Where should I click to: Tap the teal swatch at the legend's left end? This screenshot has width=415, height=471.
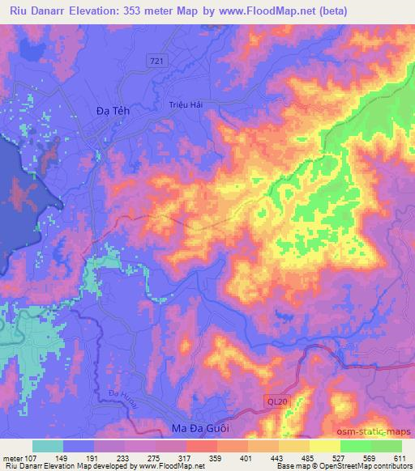tap(48, 446)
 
